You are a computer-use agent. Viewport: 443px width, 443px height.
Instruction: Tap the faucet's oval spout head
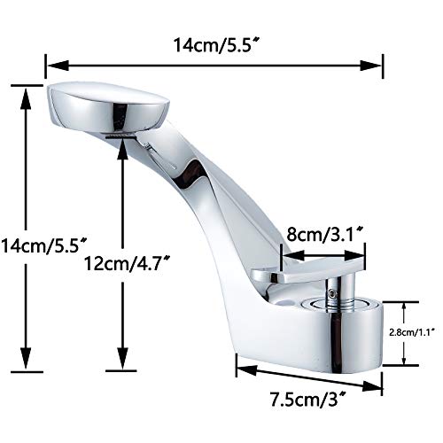105,108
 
